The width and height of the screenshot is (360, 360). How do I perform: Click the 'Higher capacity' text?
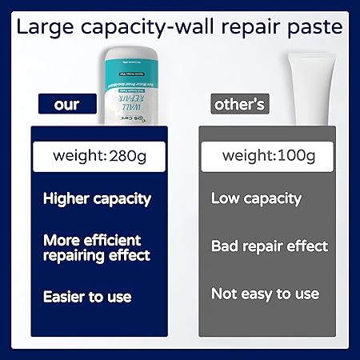[x=97, y=198]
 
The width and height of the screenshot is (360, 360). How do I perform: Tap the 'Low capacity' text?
[x=256, y=198]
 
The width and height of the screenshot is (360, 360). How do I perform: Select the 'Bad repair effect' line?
[x=270, y=246]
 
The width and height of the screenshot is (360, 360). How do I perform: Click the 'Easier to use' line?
[x=87, y=297]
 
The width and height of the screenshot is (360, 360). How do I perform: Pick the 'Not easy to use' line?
[x=265, y=294]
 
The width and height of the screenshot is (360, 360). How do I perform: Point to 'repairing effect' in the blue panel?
[x=97, y=255]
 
